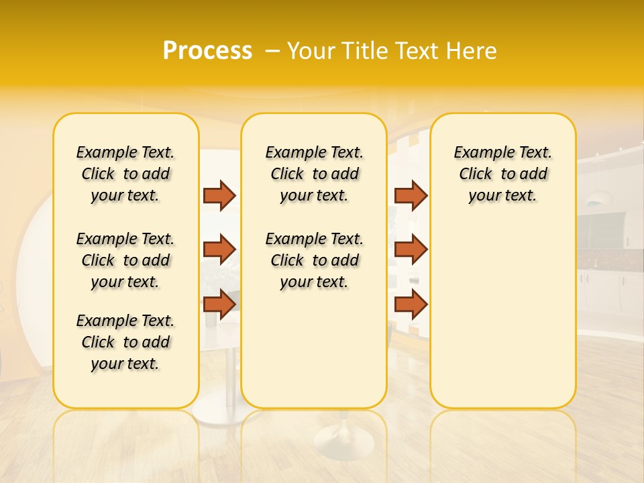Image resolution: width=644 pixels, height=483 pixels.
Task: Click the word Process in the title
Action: point(207,51)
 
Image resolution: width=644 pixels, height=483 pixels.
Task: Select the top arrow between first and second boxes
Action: point(219,195)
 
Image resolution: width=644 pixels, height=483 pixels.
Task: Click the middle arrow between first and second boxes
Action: point(219,250)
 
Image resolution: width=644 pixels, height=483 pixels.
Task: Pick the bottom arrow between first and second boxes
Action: point(219,304)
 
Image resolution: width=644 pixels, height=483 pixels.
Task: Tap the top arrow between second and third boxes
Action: point(411,195)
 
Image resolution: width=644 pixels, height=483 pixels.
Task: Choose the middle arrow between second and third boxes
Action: point(411,250)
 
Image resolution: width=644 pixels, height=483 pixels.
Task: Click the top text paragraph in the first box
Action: point(125,174)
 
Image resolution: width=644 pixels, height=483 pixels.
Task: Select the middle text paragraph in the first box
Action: point(125,260)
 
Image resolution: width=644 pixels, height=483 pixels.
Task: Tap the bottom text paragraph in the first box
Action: point(125,342)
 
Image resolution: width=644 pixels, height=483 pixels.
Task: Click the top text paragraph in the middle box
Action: point(315,174)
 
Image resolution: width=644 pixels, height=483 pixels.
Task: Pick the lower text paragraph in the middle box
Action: point(315,260)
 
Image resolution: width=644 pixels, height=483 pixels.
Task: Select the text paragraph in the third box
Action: point(503,174)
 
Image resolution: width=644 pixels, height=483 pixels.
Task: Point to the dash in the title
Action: point(272,51)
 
